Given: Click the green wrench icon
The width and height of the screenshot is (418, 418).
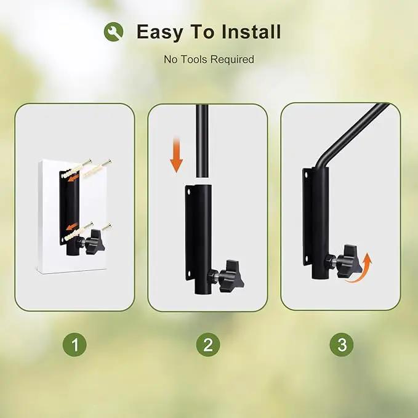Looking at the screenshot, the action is coord(113,32).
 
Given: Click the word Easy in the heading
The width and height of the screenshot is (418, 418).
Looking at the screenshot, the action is coord(159,32).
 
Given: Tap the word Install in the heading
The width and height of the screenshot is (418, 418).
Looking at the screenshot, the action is coord(251,31).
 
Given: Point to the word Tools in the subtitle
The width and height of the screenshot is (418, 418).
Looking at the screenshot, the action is coord(193,59).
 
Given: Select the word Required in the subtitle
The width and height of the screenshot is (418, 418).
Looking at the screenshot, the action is coord(231,60).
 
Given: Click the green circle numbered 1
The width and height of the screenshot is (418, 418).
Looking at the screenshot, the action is coord(74,345).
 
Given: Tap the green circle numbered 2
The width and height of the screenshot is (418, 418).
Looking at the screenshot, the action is coord(208,345).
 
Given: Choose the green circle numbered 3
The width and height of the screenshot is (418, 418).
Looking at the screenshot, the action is coord(342,345).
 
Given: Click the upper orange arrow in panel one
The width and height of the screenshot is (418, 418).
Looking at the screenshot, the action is coord(74,178).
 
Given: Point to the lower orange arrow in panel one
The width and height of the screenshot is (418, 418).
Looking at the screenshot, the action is coord(72,226).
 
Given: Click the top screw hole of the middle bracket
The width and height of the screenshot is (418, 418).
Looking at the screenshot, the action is coord(189,191).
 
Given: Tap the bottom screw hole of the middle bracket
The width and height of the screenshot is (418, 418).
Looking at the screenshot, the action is coord(189,274).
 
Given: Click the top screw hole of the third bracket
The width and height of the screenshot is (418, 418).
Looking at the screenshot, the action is coord(306,175).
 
